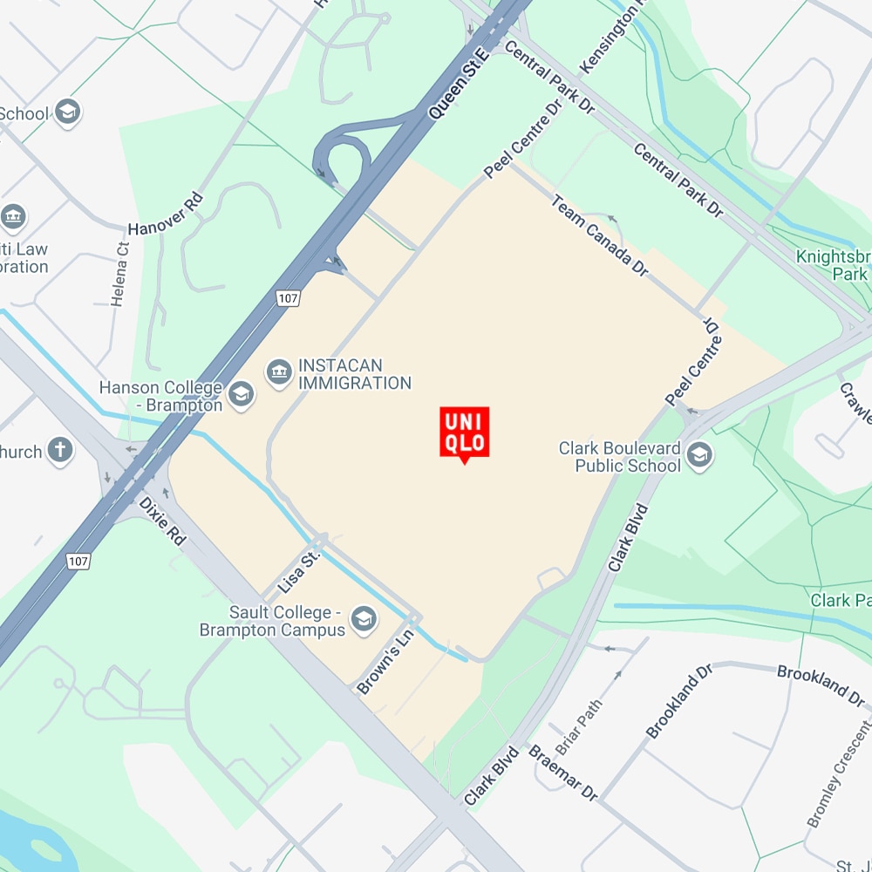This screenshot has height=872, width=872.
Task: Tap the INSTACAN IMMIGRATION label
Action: tap(354, 374)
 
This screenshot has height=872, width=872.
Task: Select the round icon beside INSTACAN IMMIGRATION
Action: tap(279, 373)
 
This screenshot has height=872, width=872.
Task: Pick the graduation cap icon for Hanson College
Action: tap(240, 397)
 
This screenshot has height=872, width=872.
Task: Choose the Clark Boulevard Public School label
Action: tap(619, 456)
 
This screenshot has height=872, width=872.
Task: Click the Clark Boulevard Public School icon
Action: tap(699, 454)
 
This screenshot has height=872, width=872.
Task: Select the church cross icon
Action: tap(60, 451)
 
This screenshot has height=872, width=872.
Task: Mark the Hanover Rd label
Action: tap(165, 214)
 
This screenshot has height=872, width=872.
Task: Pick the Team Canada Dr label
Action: tap(600, 235)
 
